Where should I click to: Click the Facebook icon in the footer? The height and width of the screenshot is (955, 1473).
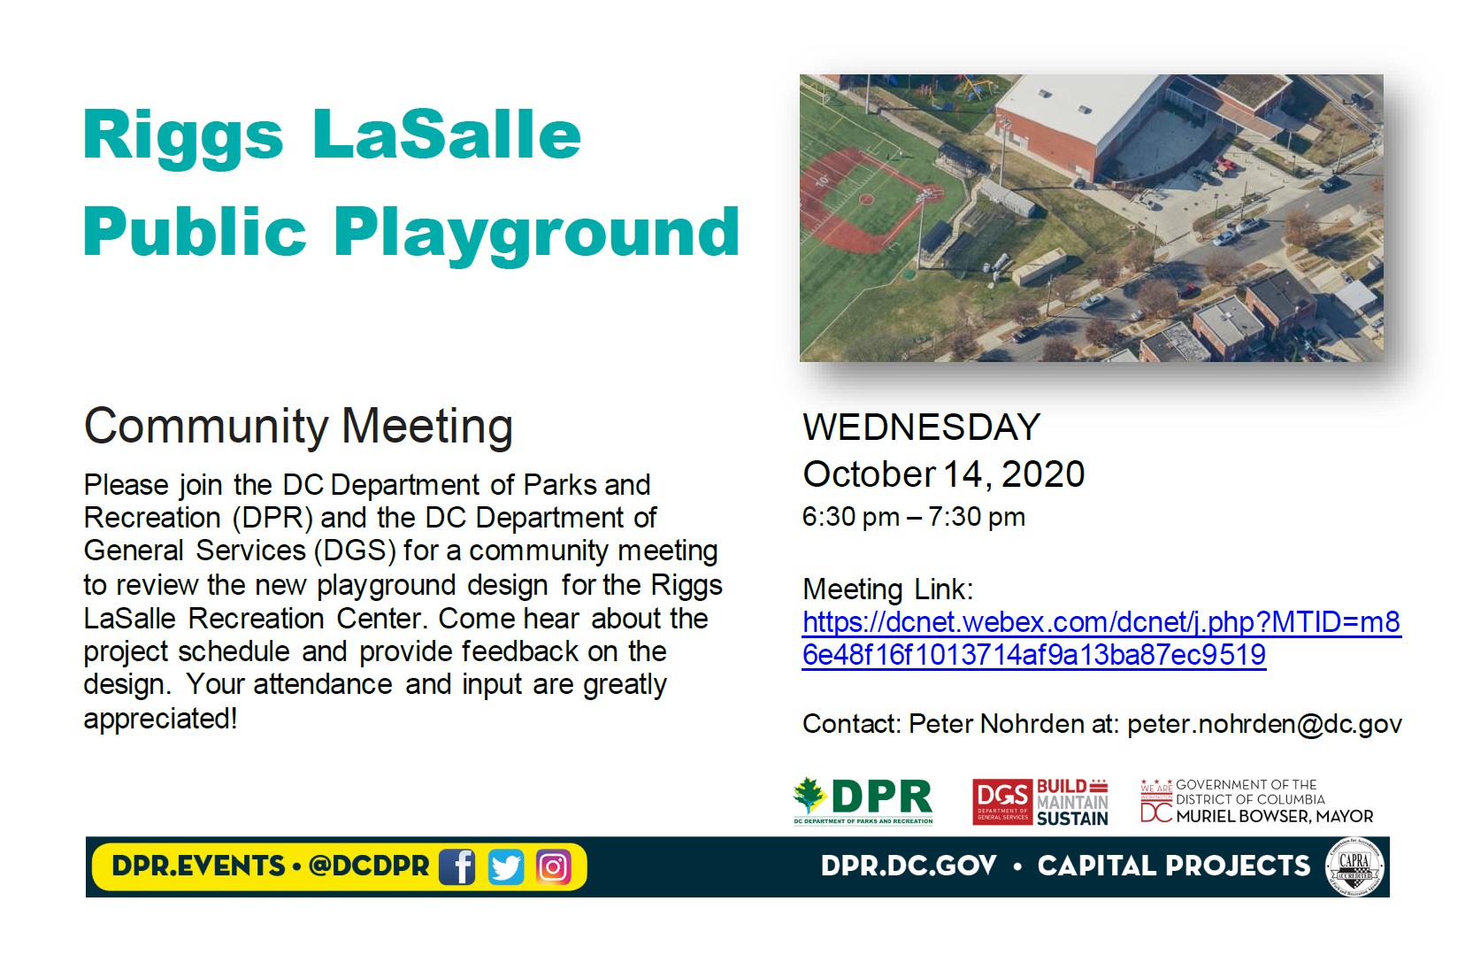(457, 866)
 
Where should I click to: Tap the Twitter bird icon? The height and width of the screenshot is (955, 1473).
(506, 866)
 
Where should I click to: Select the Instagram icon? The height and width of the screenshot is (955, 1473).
(553, 866)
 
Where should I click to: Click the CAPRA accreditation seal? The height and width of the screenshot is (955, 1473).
(1354, 866)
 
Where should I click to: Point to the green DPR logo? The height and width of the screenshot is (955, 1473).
(863, 800)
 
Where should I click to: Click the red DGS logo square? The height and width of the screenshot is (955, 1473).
(1003, 802)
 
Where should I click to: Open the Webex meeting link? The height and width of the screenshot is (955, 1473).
(1101, 639)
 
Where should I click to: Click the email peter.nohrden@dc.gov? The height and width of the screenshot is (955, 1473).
(1264, 724)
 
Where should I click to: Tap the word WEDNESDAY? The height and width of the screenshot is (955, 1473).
(921, 427)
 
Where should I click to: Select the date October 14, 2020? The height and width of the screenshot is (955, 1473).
(944, 474)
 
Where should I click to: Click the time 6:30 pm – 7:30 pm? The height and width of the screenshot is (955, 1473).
(913, 517)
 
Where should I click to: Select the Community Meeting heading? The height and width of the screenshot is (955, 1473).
(298, 427)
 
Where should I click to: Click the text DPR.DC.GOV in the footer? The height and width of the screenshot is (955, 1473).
(909, 866)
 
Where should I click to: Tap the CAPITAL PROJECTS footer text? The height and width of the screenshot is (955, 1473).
(1174, 866)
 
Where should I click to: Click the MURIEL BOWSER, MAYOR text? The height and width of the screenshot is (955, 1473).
(1275, 816)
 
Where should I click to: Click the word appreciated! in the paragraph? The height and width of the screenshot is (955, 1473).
(160, 719)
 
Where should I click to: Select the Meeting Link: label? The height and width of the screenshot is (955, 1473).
(887, 589)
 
